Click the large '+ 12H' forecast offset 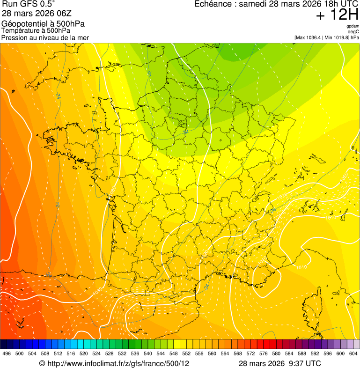[337, 15]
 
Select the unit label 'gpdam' [353, 26]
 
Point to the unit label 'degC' [353, 32]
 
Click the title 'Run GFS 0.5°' [28, 5]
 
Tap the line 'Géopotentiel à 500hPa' [43, 24]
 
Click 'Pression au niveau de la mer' [45, 37]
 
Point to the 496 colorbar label [7, 353]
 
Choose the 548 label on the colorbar [174, 353]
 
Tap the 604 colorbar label [353, 353]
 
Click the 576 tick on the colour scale [264, 353]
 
